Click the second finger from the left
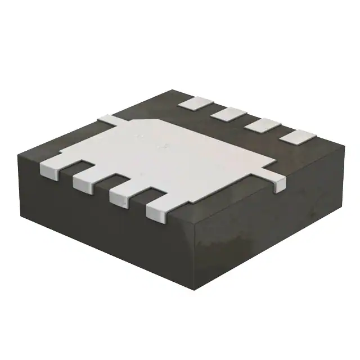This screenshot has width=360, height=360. [86, 182]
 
